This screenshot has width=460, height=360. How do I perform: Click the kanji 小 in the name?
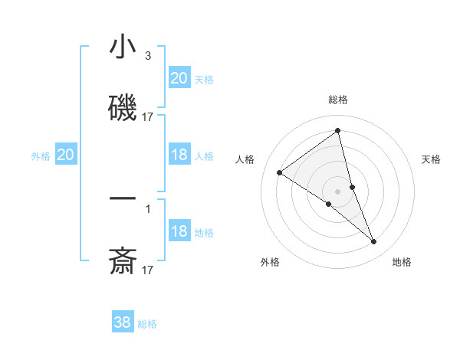[x=123, y=47]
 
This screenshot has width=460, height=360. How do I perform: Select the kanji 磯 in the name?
[x=123, y=108]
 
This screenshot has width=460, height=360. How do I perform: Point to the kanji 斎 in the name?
[x=123, y=261]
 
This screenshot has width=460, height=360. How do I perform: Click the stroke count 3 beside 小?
[x=147, y=56]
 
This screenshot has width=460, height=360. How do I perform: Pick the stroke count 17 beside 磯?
[x=148, y=117]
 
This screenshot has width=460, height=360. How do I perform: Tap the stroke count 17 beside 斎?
[x=148, y=270]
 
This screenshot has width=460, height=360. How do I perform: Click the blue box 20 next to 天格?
[x=179, y=78]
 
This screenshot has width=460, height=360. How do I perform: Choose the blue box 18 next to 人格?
[x=179, y=155]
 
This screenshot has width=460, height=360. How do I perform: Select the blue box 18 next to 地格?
[x=179, y=231]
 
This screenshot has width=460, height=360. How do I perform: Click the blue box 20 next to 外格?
[x=66, y=155]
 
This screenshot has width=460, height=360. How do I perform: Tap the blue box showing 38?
[x=123, y=322]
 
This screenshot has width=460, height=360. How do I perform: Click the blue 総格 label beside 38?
[x=147, y=324]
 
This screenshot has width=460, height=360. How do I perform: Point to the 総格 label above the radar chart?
[x=338, y=100]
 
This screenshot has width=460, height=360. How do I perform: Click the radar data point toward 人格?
[x=280, y=172]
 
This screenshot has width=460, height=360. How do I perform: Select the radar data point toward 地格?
[x=374, y=242]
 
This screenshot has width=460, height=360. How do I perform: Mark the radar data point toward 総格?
[x=338, y=131]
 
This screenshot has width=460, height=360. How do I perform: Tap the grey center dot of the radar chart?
[x=338, y=191]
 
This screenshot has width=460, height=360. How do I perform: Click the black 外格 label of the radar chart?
[x=270, y=262]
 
